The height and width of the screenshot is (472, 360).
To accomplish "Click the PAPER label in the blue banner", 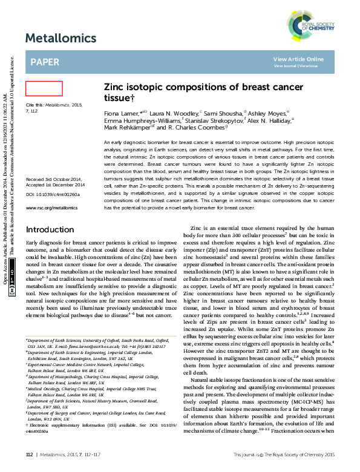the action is [x=45, y=62].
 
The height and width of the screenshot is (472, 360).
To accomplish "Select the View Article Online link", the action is [x=298, y=59].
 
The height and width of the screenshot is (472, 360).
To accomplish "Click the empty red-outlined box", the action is [x=44, y=88].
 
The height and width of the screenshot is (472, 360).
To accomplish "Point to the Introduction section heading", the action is [x=50, y=230].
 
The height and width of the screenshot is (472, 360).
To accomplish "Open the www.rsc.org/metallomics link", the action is [x=51, y=208].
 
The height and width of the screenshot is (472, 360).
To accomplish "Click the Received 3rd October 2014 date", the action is [x=54, y=180].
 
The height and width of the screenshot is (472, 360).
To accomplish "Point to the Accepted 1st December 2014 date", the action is [x=55, y=185].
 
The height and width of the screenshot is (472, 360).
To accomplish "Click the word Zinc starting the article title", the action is [x=115, y=88].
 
